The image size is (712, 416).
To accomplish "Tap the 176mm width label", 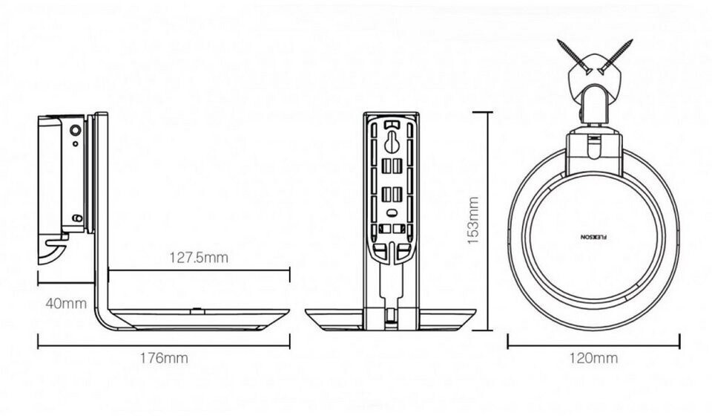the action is [164, 358].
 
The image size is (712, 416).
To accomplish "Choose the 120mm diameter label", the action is [593, 358].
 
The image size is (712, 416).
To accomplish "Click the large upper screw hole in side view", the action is [76, 130].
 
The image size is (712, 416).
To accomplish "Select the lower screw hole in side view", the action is [76, 218].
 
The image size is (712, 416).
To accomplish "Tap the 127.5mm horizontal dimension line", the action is [198, 271].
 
